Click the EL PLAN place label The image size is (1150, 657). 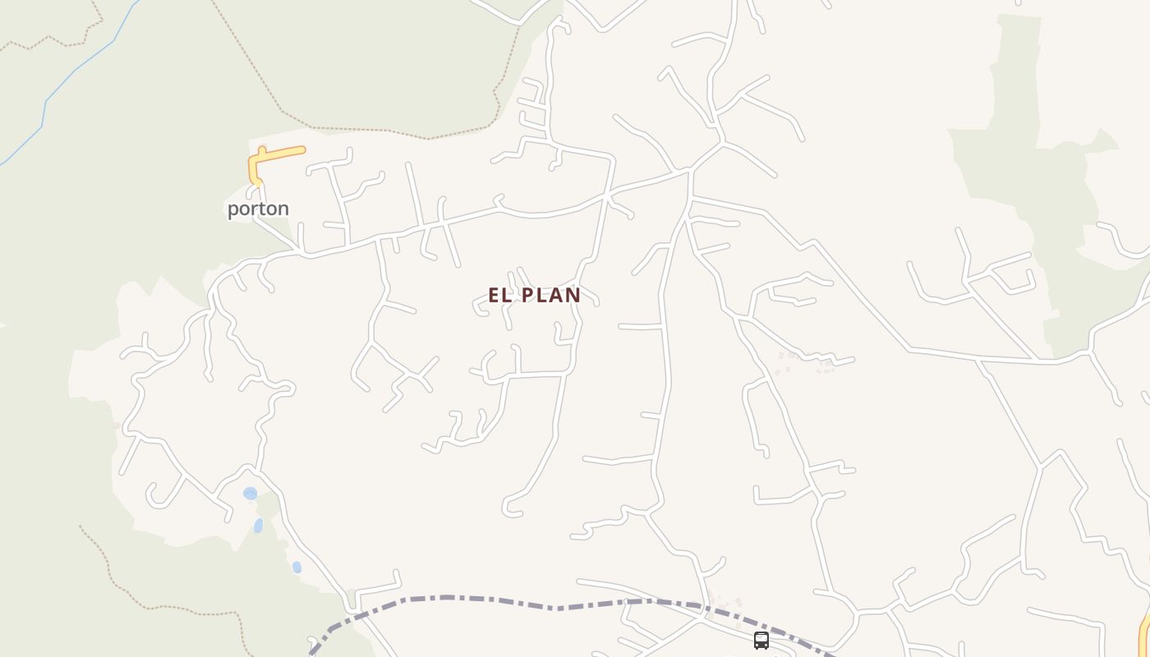[x=534, y=295]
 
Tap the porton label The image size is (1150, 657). [x=258, y=209]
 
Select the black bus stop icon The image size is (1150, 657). [x=761, y=641]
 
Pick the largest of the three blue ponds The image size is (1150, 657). [x=250, y=494]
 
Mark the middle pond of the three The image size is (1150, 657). [x=258, y=526]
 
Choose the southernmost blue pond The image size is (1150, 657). [x=297, y=567]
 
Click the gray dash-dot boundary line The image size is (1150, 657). [x=493, y=602]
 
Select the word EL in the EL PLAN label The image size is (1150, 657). [x=499, y=295]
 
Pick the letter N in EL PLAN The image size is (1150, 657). [x=573, y=295]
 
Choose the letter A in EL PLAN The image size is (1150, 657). [x=555, y=295]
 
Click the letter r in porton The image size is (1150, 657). [x=251, y=209]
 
